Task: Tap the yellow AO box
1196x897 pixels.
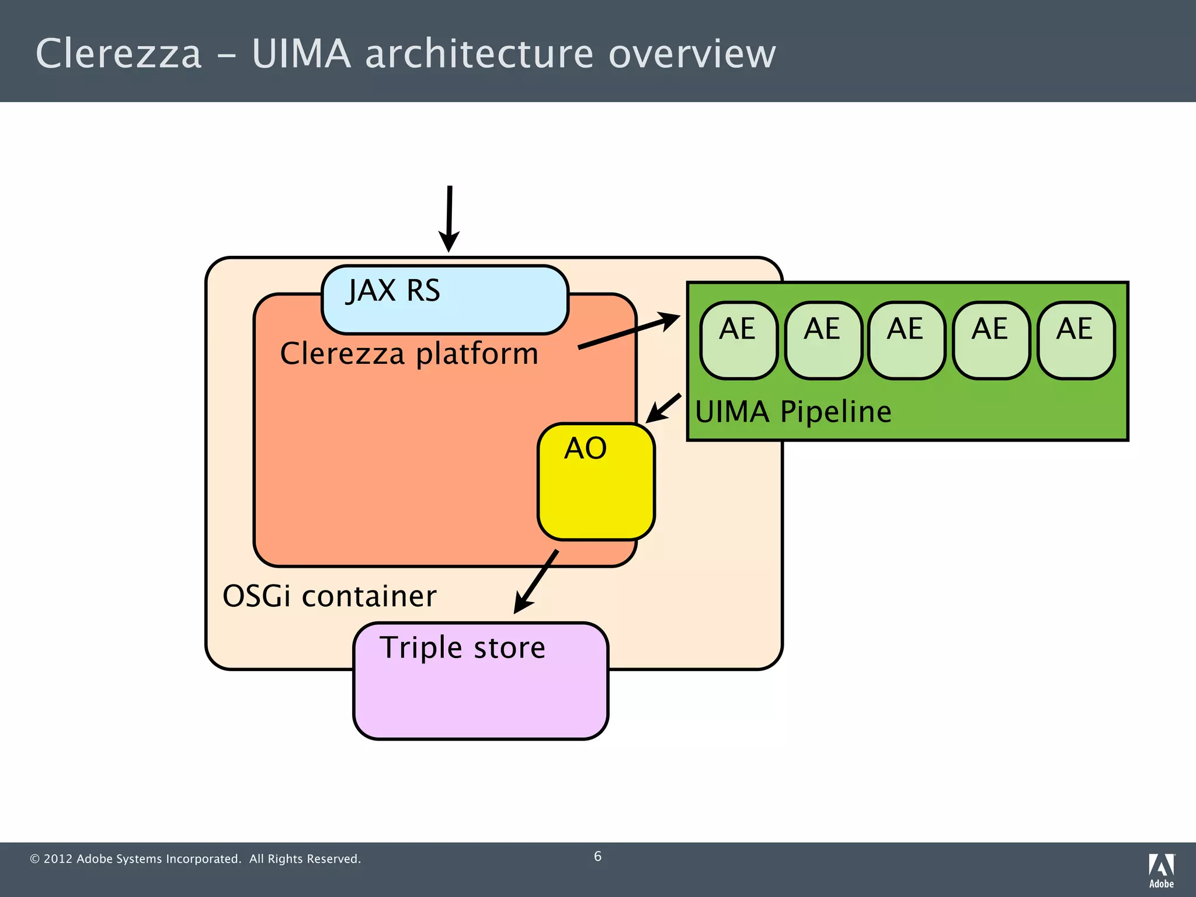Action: coord(596,481)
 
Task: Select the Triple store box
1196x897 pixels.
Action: coord(481,680)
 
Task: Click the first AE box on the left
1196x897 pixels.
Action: coord(739,340)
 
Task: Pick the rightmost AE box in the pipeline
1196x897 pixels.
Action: coord(1076,340)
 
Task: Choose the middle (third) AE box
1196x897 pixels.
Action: coord(906,340)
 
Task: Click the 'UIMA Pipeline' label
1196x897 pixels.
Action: coord(793,412)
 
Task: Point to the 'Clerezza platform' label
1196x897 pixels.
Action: coord(409,354)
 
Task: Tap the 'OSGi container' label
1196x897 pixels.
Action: coord(329,596)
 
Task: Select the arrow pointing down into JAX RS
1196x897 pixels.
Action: coord(449,218)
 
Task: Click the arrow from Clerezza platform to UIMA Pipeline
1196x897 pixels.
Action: coord(628,332)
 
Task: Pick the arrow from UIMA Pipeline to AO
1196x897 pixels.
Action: coord(663,408)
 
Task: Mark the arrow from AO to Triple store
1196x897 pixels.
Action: coord(536,582)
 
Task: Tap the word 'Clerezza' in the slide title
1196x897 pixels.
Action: coord(119,54)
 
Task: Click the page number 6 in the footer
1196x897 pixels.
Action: coord(597,856)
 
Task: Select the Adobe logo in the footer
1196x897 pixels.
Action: coord(1161,870)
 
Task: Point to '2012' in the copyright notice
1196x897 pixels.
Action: coord(58,859)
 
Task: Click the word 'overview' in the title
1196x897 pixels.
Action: coord(692,54)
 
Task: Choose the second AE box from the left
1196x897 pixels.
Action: coord(823,340)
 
